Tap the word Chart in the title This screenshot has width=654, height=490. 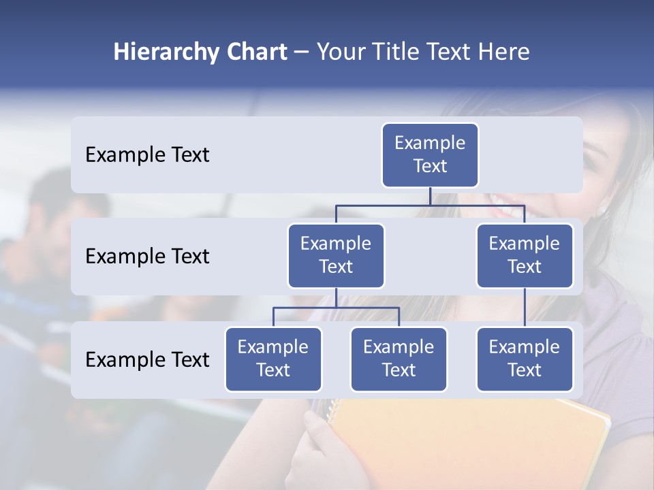[x=254, y=52]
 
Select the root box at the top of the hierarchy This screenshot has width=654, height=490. [x=430, y=154]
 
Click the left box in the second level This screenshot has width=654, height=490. [x=336, y=255]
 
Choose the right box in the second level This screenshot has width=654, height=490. [x=525, y=255]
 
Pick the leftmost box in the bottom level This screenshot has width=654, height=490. [x=273, y=359]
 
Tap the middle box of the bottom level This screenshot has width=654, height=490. [x=399, y=359]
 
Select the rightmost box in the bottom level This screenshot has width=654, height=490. [x=525, y=359]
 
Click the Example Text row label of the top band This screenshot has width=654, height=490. [x=147, y=155]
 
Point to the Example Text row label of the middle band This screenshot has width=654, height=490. [x=147, y=257]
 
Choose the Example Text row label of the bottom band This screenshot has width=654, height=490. [x=147, y=359]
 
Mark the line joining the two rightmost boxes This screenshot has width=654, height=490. [x=525, y=308]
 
